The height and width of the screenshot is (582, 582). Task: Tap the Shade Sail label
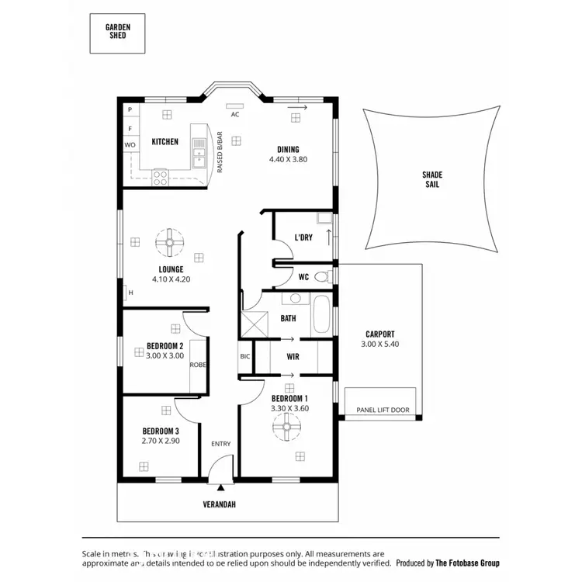(x=432, y=180)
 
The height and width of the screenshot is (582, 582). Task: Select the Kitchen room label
(x=165, y=142)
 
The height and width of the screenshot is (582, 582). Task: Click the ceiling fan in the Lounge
(x=168, y=243)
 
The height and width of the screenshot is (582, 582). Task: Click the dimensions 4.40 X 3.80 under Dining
(x=289, y=159)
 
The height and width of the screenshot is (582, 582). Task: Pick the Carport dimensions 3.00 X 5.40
(x=380, y=344)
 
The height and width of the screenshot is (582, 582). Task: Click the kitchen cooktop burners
(x=160, y=176)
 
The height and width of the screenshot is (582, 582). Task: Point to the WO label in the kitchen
(x=129, y=145)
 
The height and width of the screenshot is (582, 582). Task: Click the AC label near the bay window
(x=234, y=114)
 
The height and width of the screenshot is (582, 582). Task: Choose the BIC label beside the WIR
(x=244, y=357)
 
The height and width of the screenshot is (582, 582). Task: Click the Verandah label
(x=220, y=504)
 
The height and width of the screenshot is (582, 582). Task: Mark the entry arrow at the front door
(x=220, y=487)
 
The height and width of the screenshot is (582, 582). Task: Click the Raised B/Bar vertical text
(x=220, y=151)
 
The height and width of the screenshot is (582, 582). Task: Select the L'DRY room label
(x=303, y=237)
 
